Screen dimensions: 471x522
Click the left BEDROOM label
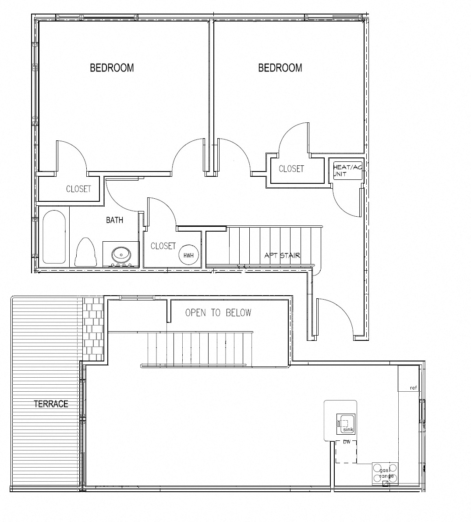click(x=112, y=68)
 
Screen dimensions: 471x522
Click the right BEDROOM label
click(x=280, y=68)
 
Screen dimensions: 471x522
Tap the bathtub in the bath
click(x=53, y=237)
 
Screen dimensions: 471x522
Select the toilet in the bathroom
click(x=85, y=252)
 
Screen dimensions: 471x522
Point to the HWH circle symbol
click(x=188, y=255)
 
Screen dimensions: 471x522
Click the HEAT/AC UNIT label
click(x=347, y=171)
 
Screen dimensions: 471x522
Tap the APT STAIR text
click(x=282, y=255)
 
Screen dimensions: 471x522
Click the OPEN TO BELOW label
click(x=218, y=313)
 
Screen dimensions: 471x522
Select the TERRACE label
click(x=51, y=404)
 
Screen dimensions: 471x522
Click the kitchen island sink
click(x=346, y=424)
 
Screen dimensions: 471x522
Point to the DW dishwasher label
click(x=347, y=442)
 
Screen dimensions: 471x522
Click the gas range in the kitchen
click(x=385, y=473)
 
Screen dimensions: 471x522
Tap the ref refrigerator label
click(x=413, y=387)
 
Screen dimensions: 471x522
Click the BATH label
click(x=114, y=220)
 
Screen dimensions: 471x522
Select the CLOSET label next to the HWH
click(x=163, y=246)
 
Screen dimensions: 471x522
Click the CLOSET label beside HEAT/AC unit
click(x=291, y=169)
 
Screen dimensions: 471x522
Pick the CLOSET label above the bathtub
click(x=78, y=189)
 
